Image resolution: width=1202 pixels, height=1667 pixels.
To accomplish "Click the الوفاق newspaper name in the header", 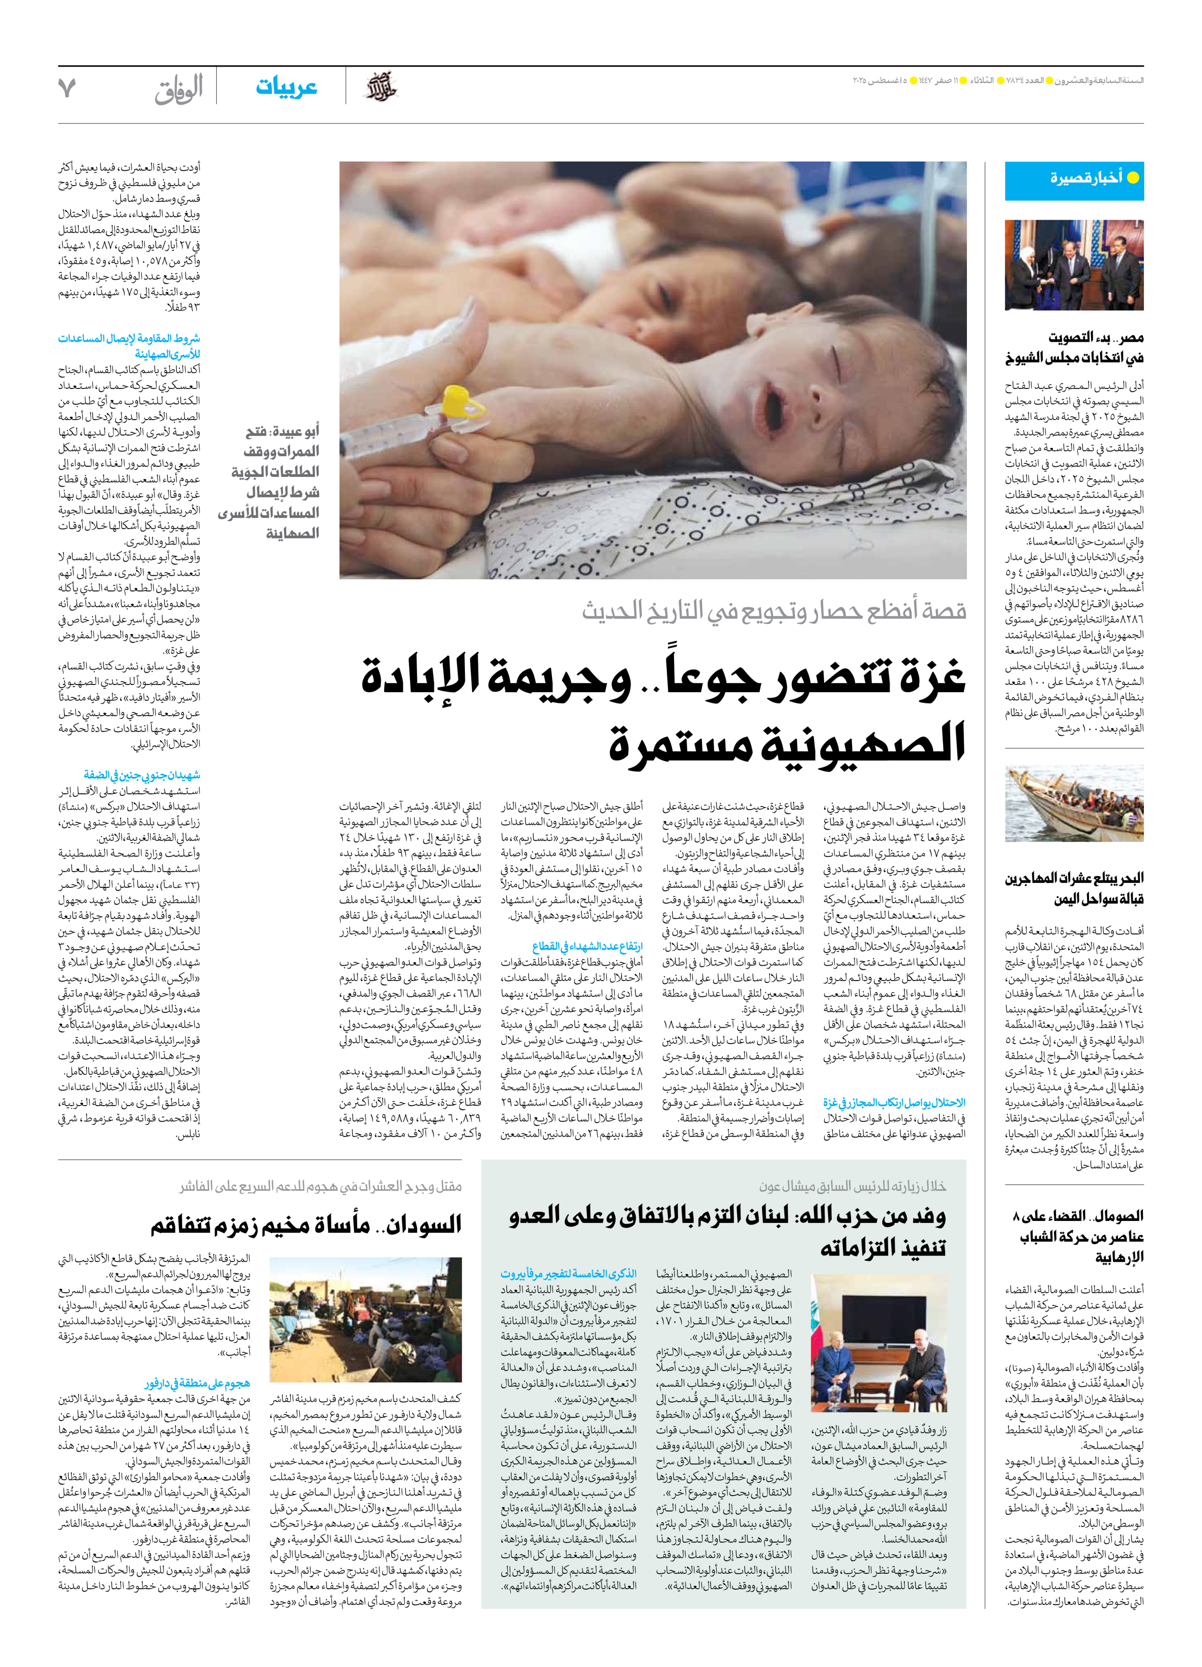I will (x=179, y=90).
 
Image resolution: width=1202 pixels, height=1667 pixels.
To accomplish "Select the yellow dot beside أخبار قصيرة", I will (x=1133, y=178).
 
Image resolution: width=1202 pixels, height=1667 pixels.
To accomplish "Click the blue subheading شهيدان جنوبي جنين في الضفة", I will (x=141, y=775).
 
